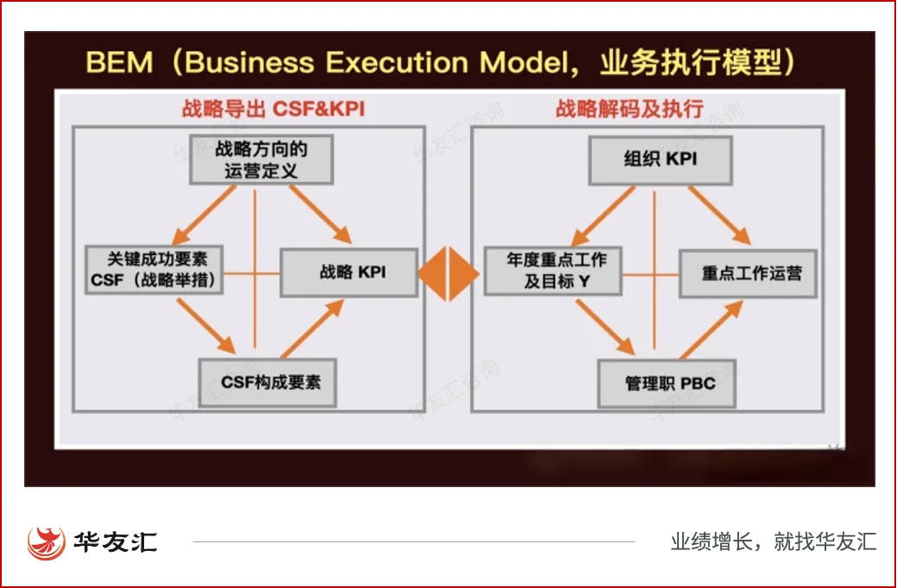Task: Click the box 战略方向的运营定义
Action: click(260, 160)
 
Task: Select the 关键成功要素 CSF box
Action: click(154, 269)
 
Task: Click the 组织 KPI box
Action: click(660, 160)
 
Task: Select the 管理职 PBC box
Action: click(669, 383)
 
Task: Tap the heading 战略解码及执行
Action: click(629, 109)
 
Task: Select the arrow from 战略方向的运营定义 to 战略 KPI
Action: click(320, 215)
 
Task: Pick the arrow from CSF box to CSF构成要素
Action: click(205, 326)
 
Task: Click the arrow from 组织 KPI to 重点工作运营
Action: click(718, 215)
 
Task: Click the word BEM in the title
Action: click(120, 63)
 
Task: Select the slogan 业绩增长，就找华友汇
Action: click(774, 542)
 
